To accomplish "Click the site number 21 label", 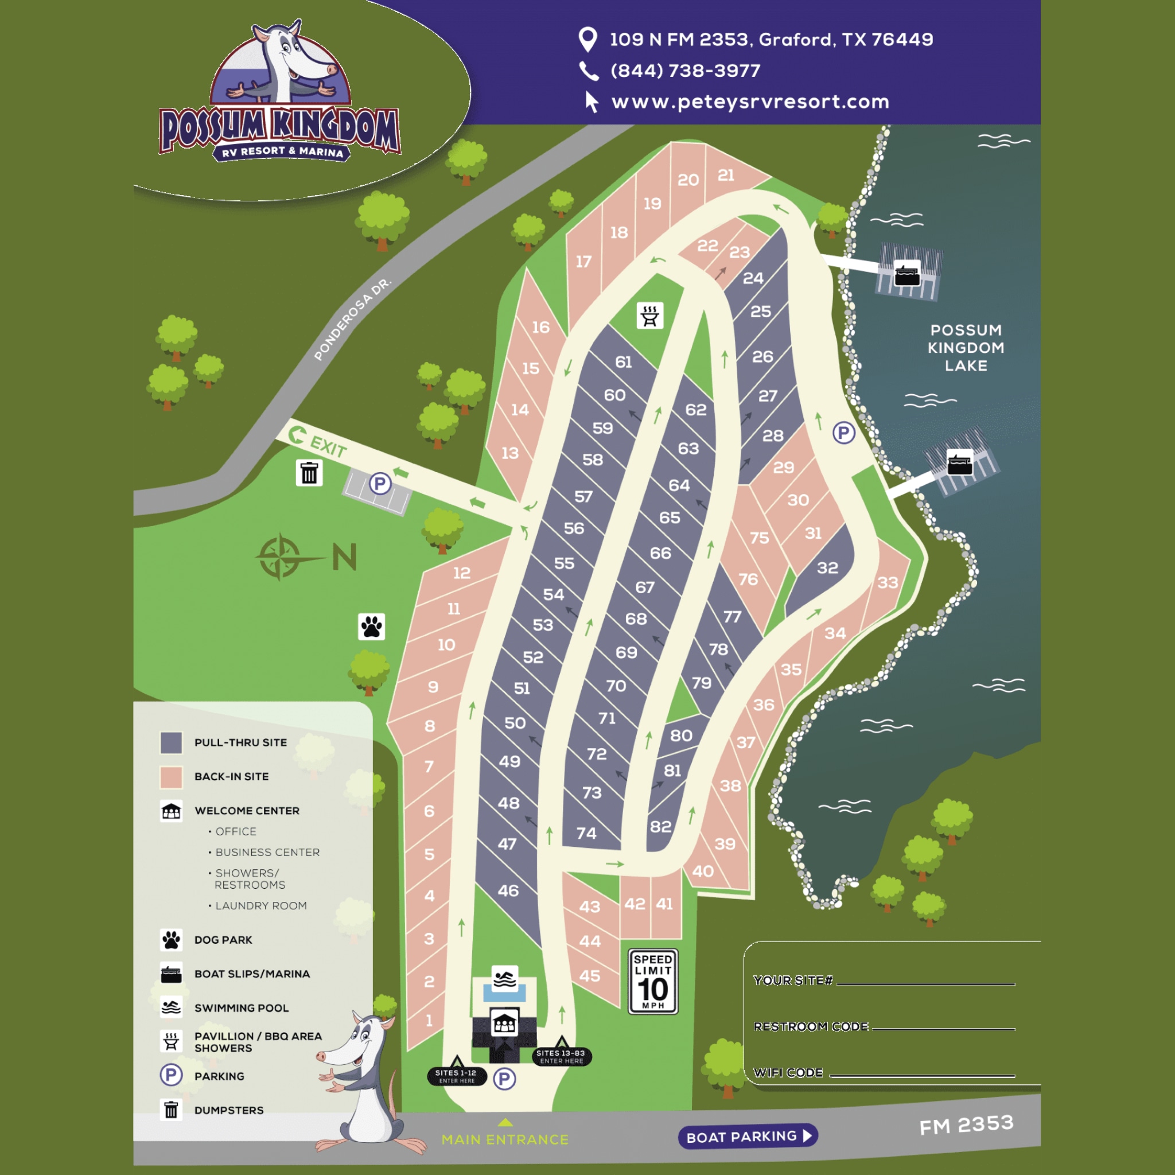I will (726, 176).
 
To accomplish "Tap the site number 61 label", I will (624, 363).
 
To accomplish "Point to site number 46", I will (508, 891).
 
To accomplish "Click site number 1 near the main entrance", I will (429, 1020).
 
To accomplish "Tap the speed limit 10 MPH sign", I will (652, 982).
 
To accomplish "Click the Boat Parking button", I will (748, 1136).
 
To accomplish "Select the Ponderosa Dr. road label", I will (352, 320).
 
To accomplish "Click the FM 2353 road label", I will (966, 1125).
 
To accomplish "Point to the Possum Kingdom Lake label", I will (966, 348).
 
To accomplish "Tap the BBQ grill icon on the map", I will (649, 316).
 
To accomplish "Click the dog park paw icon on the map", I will (372, 627).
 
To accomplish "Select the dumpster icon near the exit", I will (309, 473).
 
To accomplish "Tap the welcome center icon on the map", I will (504, 1024).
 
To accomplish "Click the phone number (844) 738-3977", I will (685, 71).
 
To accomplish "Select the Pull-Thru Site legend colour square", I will (171, 742).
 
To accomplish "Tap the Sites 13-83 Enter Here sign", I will (561, 1057).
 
